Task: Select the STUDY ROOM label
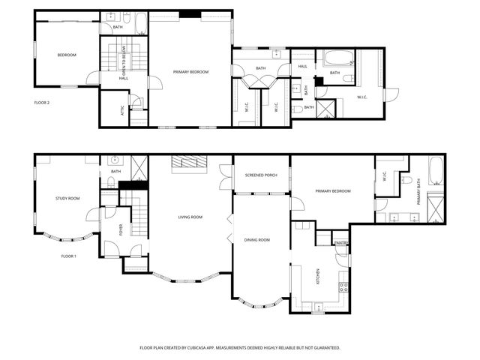coord(67,199)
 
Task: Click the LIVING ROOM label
coord(190,217)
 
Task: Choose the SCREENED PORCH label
coord(261,175)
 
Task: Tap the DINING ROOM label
coord(257,240)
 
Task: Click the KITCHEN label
coord(318,277)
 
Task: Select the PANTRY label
coord(340,243)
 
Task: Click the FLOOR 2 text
coord(42,102)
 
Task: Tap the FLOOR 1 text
coord(69,256)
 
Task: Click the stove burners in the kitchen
coord(343,286)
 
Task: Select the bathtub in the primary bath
coord(436,172)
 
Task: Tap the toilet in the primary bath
coord(406,180)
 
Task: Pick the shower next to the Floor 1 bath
coord(139,166)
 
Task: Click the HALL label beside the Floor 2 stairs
coord(122,78)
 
